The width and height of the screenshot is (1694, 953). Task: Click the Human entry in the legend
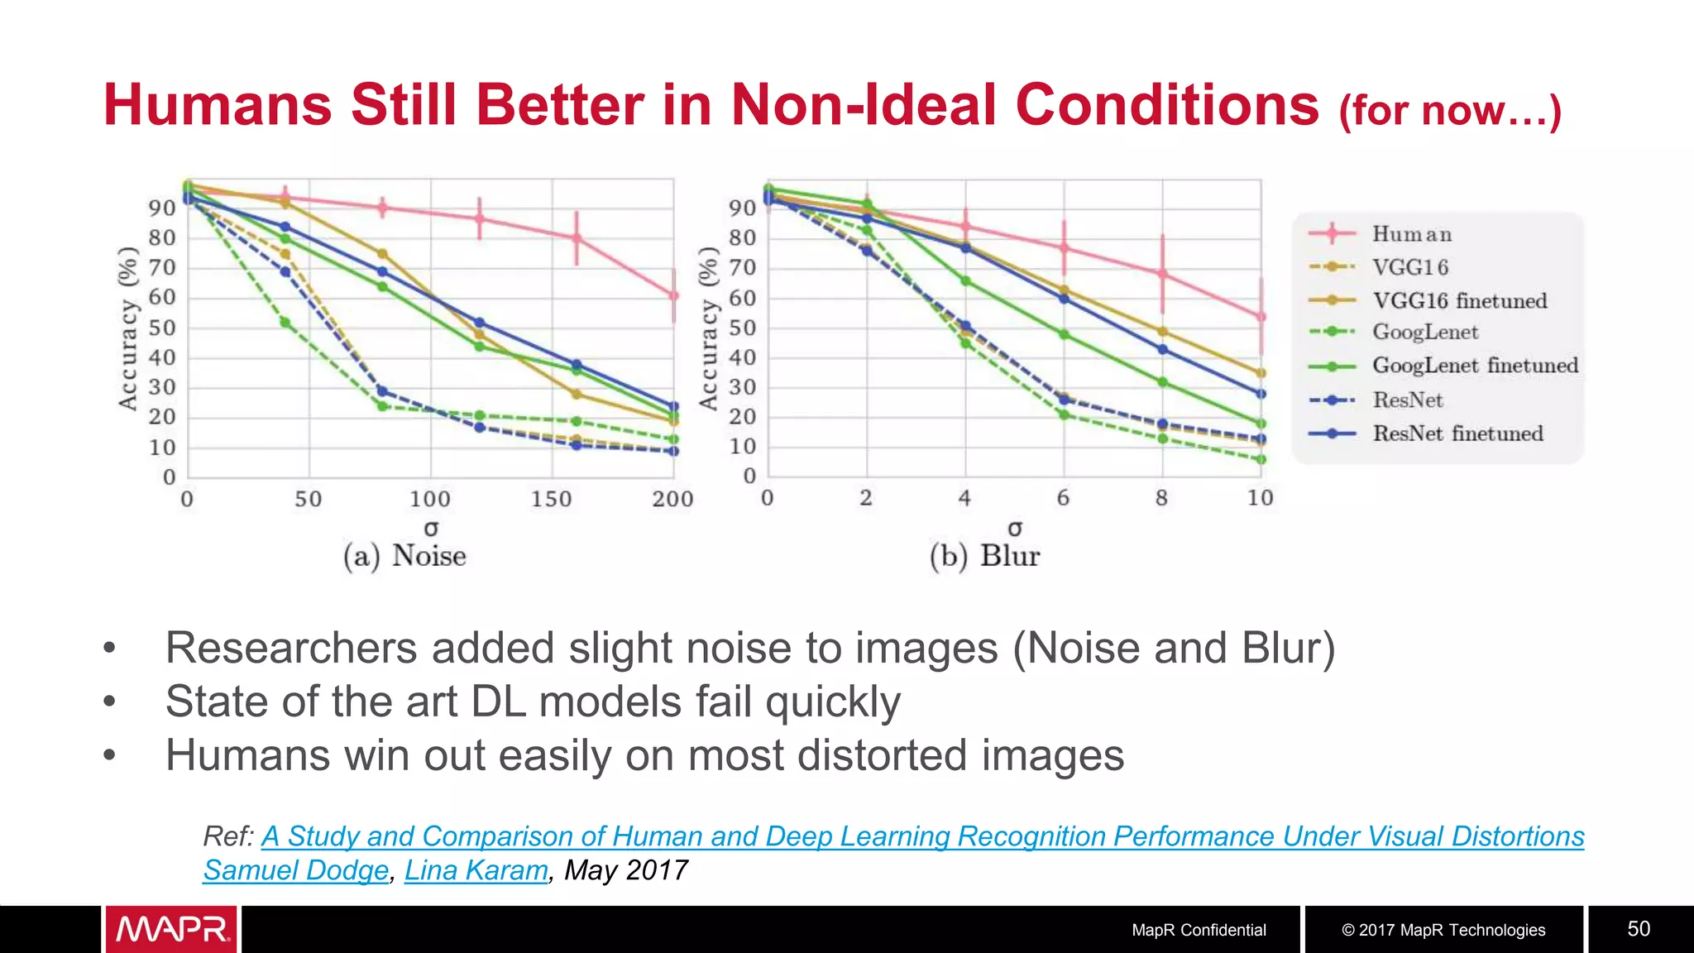[1411, 234]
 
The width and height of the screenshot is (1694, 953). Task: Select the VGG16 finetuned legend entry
[1459, 300]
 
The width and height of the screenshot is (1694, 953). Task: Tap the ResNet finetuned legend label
[1457, 433]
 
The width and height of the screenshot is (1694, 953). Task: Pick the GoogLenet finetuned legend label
[1475, 366]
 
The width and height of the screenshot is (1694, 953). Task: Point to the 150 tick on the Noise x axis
[551, 499]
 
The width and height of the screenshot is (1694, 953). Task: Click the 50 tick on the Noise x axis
[309, 499]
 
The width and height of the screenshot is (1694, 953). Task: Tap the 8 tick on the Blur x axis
[1161, 498]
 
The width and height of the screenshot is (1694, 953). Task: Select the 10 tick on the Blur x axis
[1260, 498]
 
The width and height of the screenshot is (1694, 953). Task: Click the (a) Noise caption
[404, 556]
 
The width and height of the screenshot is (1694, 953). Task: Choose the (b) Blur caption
[984, 556]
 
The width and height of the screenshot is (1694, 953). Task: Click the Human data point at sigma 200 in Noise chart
[673, 295]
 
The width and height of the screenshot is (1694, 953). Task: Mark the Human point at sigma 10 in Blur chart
[1261, 317]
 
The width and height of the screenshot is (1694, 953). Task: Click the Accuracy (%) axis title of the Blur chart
[708, 328]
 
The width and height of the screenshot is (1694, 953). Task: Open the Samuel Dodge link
[295, 870]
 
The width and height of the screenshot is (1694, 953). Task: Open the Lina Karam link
[476, 870]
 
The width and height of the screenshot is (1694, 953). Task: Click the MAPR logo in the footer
[171, 930]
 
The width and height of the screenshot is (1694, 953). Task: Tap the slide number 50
[1638, 929]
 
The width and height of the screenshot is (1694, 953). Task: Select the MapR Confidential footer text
[1199, 930]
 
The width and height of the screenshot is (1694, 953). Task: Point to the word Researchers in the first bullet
[291, 648]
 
